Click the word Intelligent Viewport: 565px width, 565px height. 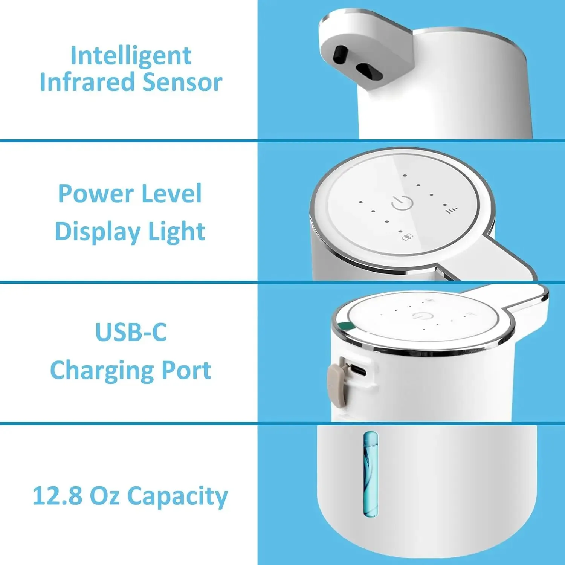[x=131, y=56]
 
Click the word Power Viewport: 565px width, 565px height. [x=95, y=194]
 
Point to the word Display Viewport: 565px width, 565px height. [x=97, y=231]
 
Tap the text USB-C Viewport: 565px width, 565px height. [x=131, y=332]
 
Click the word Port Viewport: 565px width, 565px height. [x=186, y=370]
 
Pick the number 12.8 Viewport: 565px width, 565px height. [x=57, y=495]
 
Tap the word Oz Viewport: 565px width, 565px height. [x=105, y=495]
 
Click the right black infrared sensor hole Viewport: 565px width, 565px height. [x=370, y=71]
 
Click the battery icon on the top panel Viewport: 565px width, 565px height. [x=408, y=237]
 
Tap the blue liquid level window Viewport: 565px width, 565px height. [x=371, y=474]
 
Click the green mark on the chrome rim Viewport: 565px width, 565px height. [x=344, y=326]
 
